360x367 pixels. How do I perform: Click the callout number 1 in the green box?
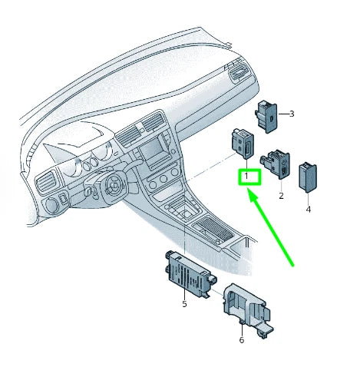[246, 177]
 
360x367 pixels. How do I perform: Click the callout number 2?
[281, 196]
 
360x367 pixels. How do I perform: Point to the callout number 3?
[292, 114]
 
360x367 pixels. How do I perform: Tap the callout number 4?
[308, 209]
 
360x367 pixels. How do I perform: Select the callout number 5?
[185, 305]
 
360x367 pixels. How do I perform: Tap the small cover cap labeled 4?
[307, 176]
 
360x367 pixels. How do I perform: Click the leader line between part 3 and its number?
[282, 114]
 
